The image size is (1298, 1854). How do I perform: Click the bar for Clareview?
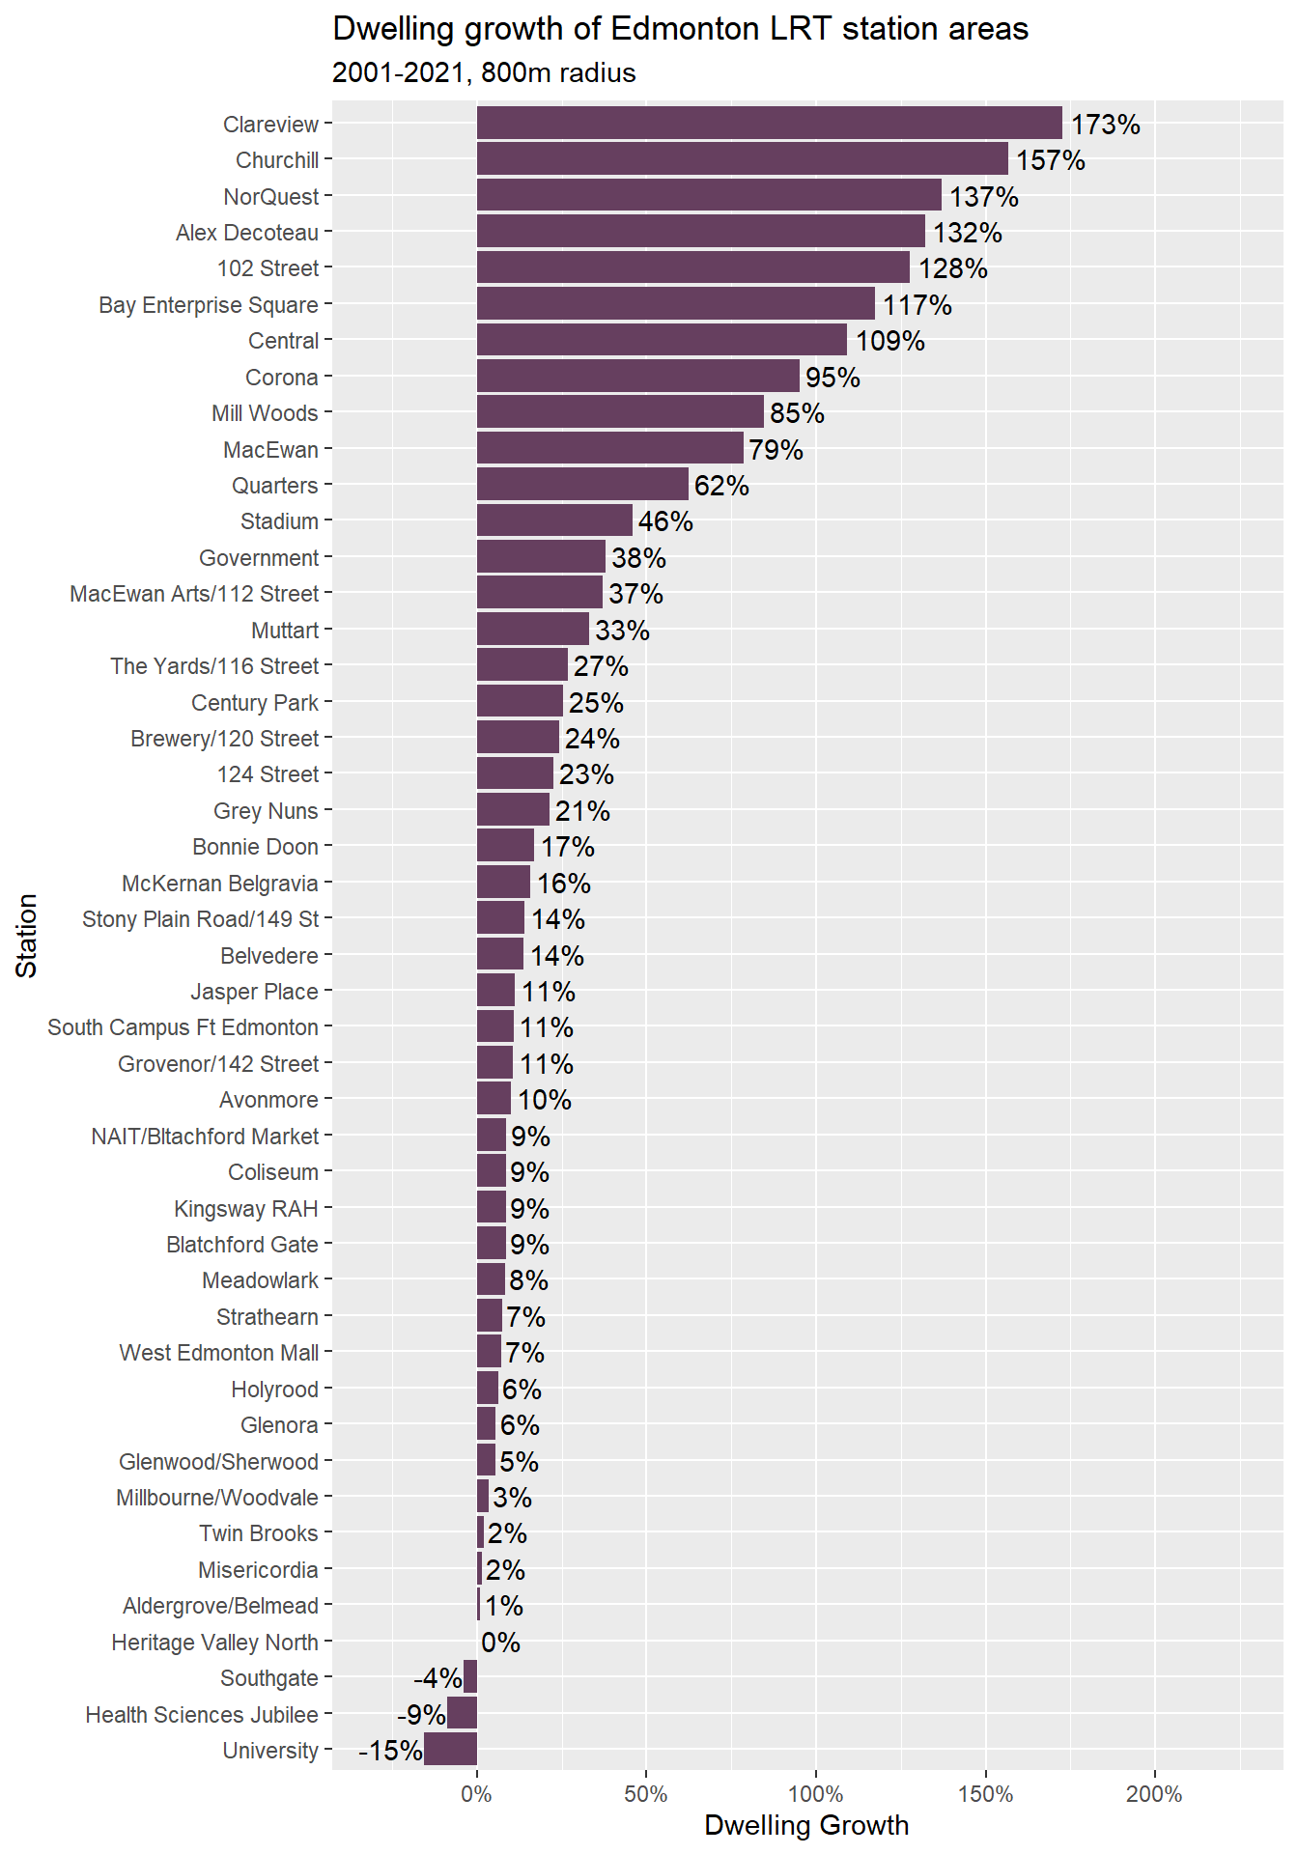769,124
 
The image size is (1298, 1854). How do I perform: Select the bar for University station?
450,1750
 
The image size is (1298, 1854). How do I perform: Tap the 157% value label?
1050,160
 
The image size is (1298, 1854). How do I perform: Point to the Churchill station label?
277,160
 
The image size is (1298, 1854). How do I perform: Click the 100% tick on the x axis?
815,1794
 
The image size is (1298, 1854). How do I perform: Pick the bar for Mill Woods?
620,412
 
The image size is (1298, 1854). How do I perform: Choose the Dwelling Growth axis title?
806,1825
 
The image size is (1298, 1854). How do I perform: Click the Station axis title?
27,935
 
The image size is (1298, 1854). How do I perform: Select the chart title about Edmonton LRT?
680,29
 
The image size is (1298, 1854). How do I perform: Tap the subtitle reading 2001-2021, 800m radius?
484,73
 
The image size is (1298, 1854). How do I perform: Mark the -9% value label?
421,1714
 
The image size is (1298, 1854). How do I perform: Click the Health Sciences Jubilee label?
202,1714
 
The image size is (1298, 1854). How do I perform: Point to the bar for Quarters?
582,485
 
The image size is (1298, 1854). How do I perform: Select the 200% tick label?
1154,1794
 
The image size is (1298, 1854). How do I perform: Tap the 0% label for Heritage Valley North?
500,1642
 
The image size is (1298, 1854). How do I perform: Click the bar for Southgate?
470,1677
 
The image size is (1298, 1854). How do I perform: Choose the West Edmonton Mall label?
219,1353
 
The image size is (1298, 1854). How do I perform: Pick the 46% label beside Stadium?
665,521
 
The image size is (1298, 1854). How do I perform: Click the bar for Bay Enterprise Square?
675,304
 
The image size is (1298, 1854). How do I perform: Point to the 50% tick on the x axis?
645,1794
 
